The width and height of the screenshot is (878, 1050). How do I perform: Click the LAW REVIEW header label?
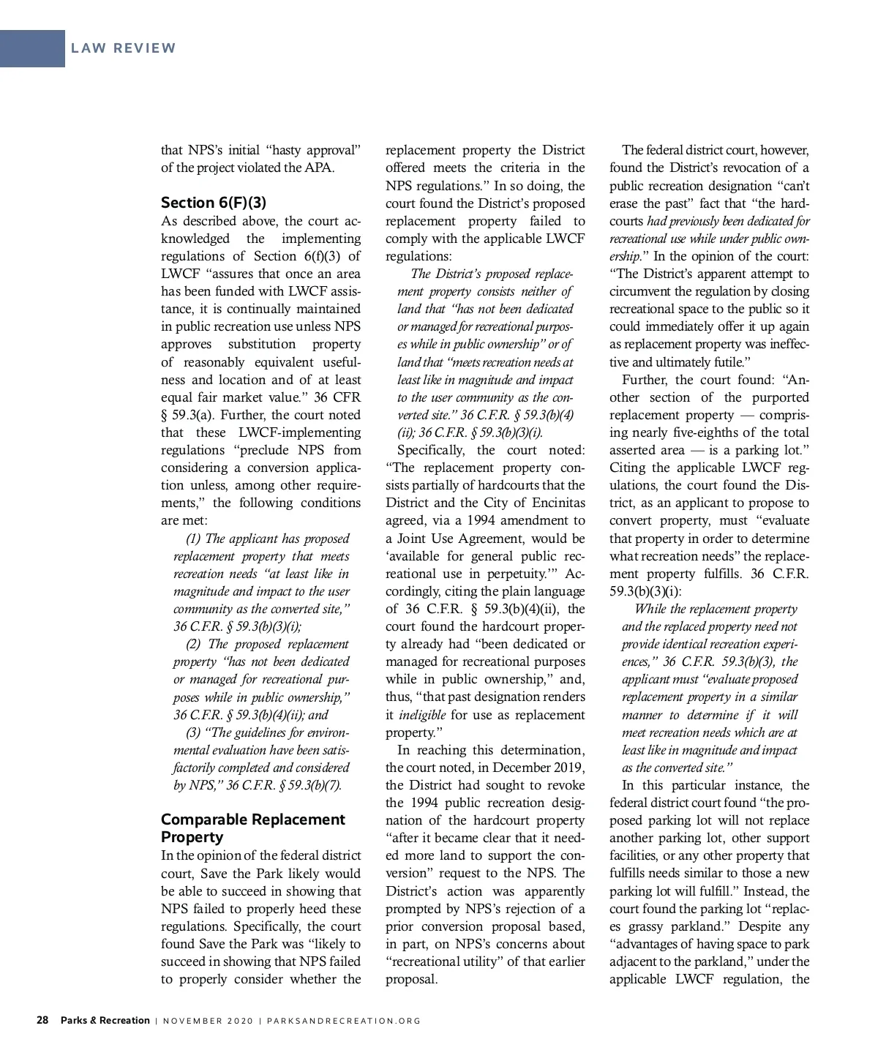tap(124, 48)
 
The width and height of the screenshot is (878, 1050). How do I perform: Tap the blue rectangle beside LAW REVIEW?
tap(32, 48)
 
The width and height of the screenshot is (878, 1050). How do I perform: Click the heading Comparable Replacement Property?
tap(252, 828)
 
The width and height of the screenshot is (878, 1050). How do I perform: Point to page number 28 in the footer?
tap(42, 1020)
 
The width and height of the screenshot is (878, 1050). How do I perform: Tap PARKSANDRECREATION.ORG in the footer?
tap(342, 1021)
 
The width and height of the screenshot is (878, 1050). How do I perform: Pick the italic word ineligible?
tap(423, 715)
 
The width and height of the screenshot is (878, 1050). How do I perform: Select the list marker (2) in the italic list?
tap(194, 644)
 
